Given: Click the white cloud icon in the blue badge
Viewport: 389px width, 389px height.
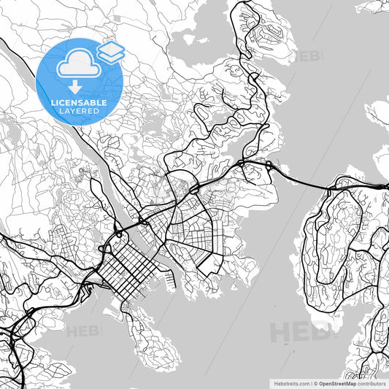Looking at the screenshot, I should click(x=77, y=65).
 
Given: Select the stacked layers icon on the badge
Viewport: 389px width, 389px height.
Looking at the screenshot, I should click(x=110, y=51).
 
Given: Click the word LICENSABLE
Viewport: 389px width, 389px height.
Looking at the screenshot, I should click(x=79, y=103).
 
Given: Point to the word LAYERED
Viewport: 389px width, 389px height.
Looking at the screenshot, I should click(x=79, y=111).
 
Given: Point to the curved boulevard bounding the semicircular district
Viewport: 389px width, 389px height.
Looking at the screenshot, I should click(x=212, y=234).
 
